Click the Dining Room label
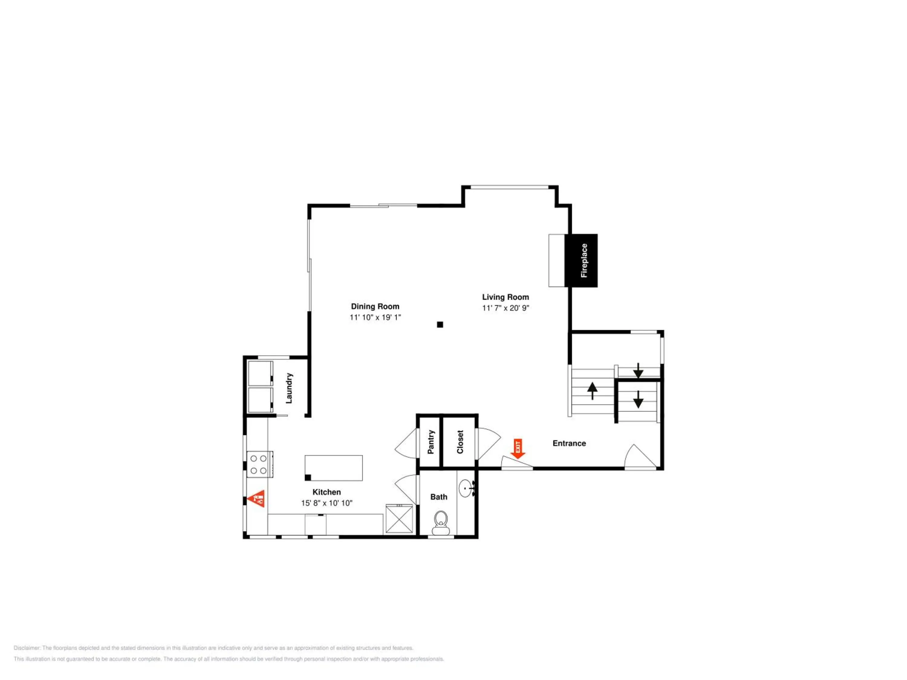point(375,306)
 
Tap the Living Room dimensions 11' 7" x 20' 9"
point(506,308)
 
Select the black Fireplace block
point(581,260)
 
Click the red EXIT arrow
point(518,448)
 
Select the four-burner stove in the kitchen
point(259,465)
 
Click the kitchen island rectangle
point(333,468)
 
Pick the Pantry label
point(431,442)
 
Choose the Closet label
point(460,442)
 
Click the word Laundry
point(289,388)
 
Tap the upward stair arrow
point(592,390)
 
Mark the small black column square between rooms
point(440,325)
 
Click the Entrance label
point(569,443)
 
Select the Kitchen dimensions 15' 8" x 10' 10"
point(327,503)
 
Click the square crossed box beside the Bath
point(399,519)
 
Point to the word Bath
point(439,497)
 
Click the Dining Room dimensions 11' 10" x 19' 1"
point(375,317)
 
